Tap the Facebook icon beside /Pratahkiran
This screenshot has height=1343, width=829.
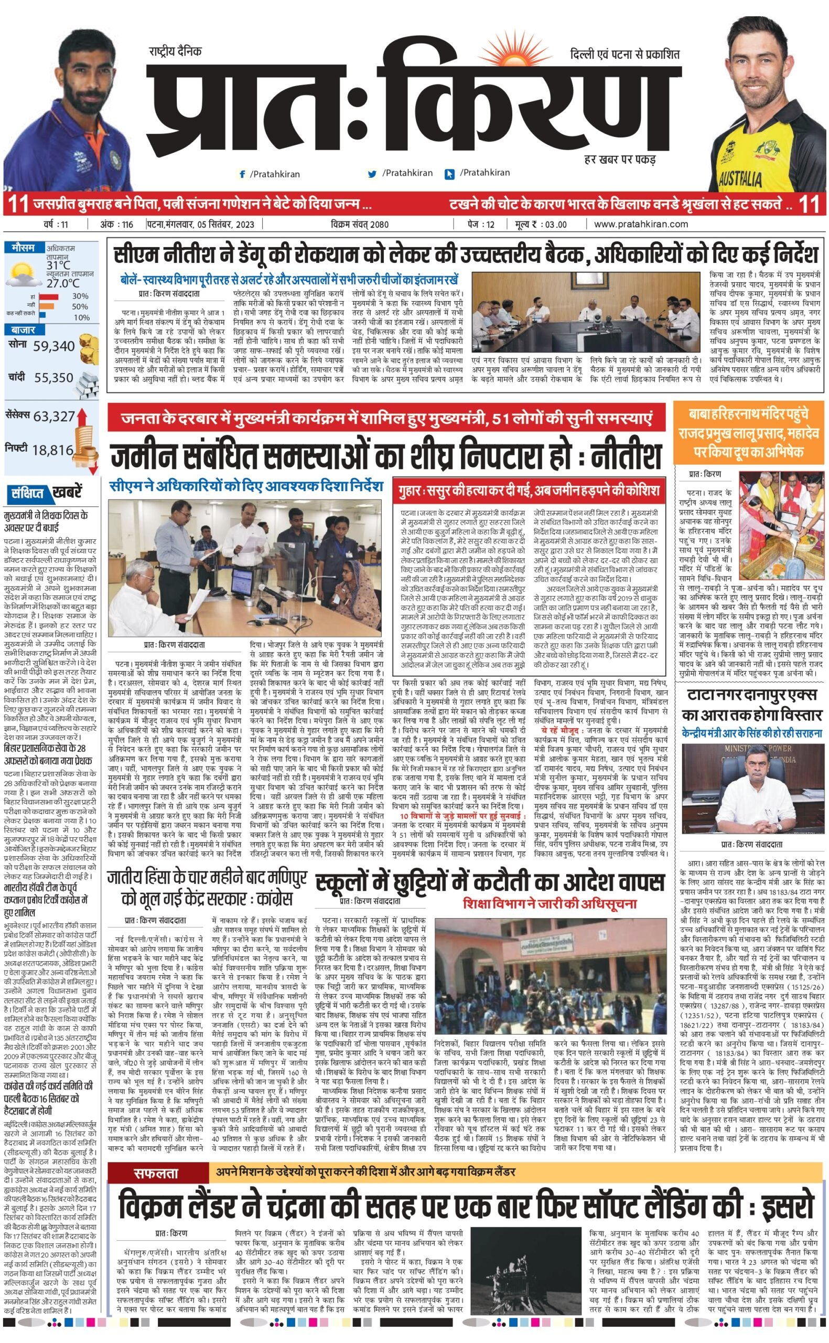242,174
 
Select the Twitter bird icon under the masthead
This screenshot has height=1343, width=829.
373,174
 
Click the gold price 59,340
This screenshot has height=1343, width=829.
53,346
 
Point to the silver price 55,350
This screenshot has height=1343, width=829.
53,378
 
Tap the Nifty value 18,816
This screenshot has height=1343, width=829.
52,450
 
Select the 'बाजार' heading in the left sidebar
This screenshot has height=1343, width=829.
23,330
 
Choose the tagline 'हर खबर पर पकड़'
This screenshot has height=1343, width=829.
620,159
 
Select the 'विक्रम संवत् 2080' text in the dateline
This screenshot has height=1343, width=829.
360,225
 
